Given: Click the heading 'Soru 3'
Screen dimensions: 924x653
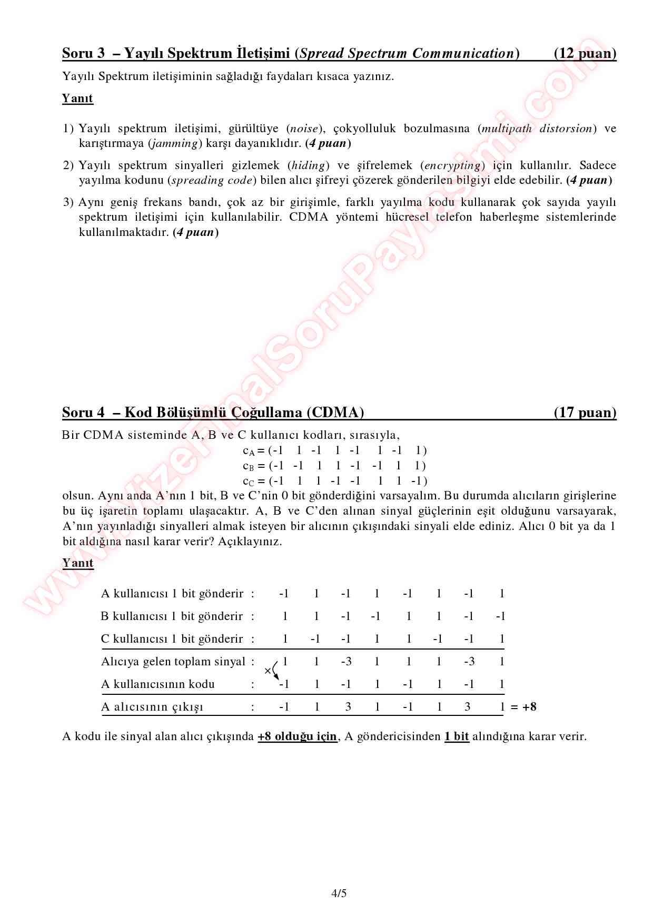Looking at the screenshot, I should click(84, 53).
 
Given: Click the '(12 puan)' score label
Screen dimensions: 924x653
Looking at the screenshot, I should click(585, 53).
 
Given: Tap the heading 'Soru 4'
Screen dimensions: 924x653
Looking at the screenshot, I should click(84, 412).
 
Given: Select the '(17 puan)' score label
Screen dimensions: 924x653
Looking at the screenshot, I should click(585, 412).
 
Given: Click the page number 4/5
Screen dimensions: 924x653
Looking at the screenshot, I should click(339, 893).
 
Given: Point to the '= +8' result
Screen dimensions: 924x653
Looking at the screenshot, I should click(523, 707).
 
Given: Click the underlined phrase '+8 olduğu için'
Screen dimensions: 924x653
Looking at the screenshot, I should click(297, 736).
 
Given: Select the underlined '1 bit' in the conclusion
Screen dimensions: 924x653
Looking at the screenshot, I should click(456, 736).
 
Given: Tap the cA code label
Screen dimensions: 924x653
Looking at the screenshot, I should click(249, 451).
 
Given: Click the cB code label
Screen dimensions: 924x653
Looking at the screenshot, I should click(249, 466).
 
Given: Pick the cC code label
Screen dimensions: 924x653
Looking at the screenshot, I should click(249, 481).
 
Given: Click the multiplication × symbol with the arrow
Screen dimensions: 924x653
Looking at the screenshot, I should click(268, 671).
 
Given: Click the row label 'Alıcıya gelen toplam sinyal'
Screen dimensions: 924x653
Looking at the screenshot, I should click(173, 662).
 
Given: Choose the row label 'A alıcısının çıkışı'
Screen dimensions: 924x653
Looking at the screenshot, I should click(152, 707).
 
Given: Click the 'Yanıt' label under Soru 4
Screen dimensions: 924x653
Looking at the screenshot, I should click(77, 563).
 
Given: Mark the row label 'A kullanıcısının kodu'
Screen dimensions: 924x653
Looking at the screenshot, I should click(157, 684).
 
